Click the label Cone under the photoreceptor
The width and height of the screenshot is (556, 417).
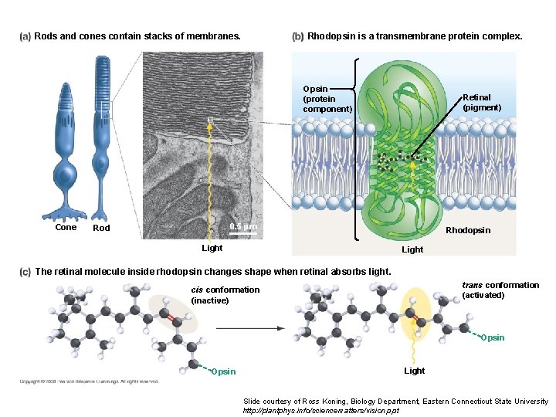coord(66,227)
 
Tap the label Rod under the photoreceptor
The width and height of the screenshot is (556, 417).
coord(101,228)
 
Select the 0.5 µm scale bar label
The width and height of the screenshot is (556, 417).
coord(244,226)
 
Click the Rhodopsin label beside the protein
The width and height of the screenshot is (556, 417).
coord(468,230)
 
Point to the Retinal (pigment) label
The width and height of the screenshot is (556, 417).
coord(482,103)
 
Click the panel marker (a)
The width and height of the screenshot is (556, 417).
coord(25,36)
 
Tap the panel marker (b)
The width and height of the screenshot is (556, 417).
coord(297,36)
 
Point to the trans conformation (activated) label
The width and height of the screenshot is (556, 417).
coord(500,290)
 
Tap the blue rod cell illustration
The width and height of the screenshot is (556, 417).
coord(101,139)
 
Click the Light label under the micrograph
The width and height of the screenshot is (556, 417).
coord(212,248)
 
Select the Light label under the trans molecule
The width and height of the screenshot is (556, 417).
coord(415,371)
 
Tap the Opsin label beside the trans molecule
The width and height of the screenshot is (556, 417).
coord(493,337)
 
